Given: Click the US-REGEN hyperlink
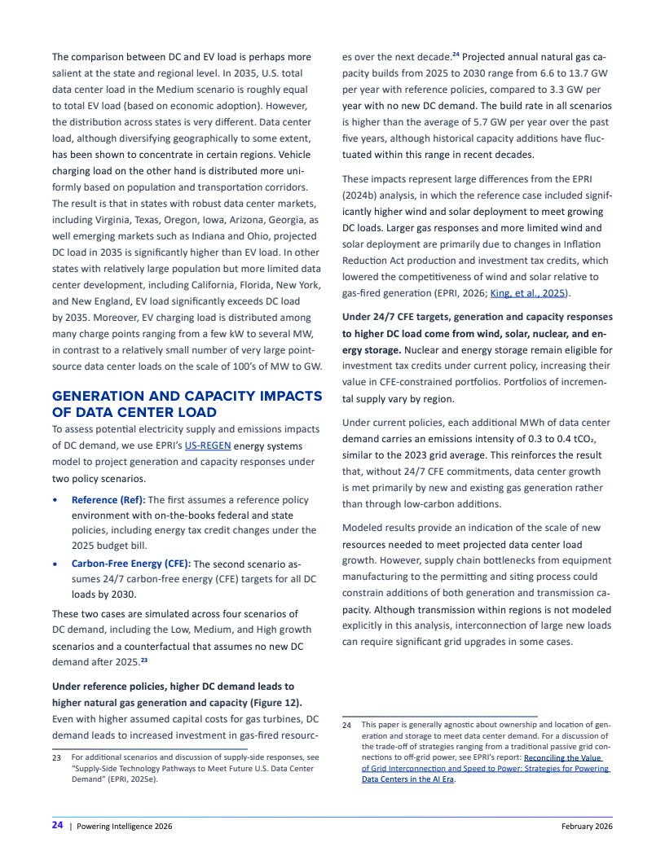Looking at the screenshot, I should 208,445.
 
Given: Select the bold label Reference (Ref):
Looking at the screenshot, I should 107,499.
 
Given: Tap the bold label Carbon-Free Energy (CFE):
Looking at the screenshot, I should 131,563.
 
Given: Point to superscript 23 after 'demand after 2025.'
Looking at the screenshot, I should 143,660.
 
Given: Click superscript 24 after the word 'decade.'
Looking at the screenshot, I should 456,55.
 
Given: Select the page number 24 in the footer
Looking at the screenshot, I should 58,825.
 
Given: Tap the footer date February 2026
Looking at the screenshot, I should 587,826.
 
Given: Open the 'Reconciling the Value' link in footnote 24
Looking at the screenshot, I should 562,757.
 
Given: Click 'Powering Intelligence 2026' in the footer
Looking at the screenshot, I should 124,826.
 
